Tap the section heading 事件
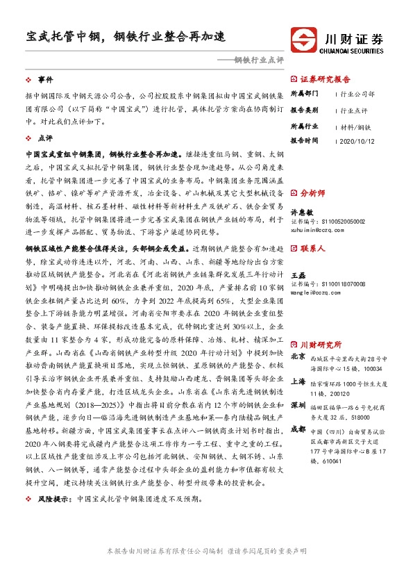point(45,80)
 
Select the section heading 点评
point(45,138)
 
